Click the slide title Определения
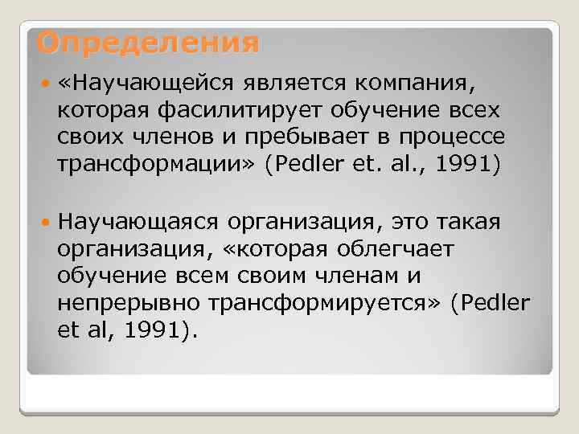pos(148,43)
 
